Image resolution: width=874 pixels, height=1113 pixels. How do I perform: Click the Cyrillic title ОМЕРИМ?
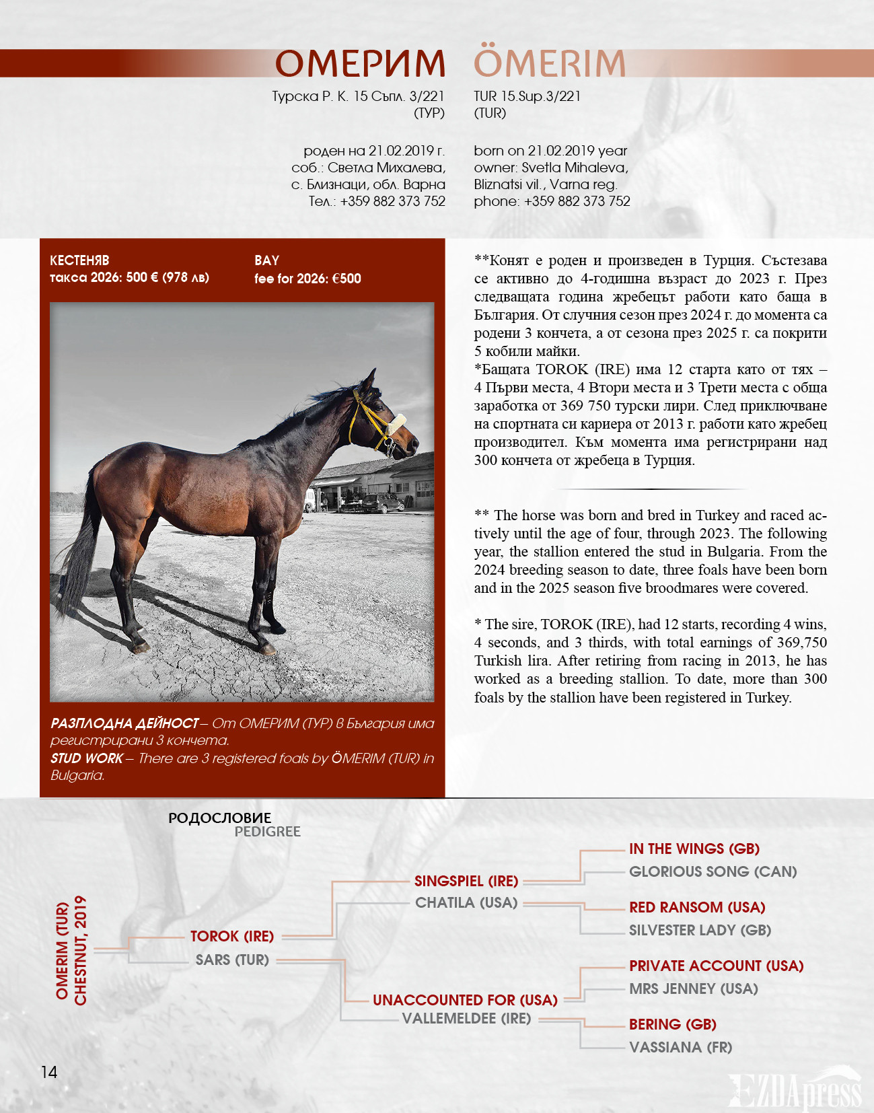coord(360,64)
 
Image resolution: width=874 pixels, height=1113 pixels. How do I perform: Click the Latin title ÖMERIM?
coord(550,64)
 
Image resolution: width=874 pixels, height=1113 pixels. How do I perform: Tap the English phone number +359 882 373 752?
coord(577,201)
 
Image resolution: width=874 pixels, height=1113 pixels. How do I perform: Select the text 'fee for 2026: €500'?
coord(307,279)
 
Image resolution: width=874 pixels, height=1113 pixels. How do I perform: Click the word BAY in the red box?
coord(266,260)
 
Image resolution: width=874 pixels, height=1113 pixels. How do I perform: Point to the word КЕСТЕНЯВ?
coord(79,260)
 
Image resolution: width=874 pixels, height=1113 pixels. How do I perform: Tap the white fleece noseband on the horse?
coord(396,423)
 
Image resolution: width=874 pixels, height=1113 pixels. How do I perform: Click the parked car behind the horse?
coord(382,503)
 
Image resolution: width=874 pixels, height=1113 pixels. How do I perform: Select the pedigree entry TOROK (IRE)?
coord(232,936)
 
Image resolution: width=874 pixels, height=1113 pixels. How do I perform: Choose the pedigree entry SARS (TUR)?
coord(232,960)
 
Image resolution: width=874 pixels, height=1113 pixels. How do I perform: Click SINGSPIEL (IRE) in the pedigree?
coord(466,881)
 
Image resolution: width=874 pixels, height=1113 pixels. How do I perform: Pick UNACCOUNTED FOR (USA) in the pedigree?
coord(465,1000)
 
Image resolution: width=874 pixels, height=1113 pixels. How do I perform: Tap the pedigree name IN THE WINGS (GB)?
coord(694,849)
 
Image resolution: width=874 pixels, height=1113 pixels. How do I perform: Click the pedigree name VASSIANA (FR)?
coord(680,1047)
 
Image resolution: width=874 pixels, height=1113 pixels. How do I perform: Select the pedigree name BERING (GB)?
coord(672,1024)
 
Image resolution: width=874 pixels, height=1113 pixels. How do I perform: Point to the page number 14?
coord(49,1072)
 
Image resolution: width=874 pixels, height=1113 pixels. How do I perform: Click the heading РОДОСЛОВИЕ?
coord(220,818)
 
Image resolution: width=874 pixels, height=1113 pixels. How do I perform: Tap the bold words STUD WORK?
coord(87,758)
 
